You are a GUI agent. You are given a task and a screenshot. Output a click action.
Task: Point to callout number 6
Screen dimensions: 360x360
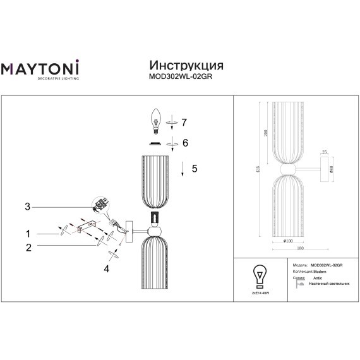coord(186,143)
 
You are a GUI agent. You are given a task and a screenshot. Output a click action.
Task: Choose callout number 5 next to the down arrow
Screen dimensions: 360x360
coord(195,169)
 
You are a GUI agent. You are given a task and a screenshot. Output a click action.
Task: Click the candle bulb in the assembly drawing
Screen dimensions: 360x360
coord(155,119)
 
